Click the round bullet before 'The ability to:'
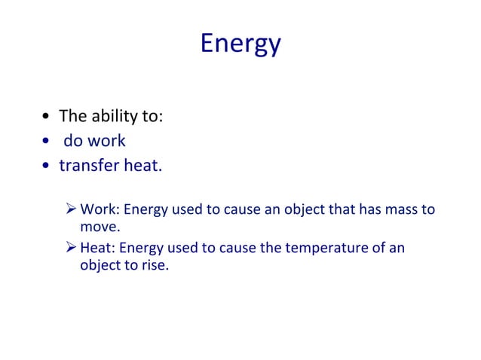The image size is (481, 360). (47, 117)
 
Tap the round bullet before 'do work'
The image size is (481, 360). (47, 142)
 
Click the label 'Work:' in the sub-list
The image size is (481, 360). (97, 209)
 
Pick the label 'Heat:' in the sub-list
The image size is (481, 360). (97, 247)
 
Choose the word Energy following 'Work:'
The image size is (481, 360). (142, 209)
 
